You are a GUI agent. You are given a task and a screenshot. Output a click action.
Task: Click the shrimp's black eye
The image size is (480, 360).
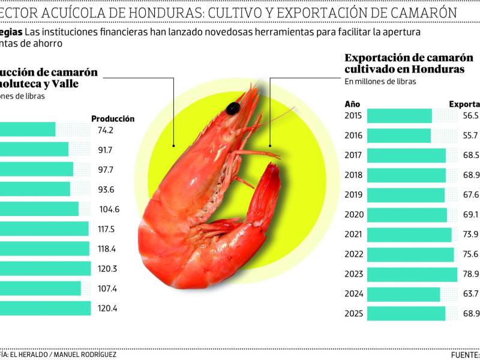click(233, 108)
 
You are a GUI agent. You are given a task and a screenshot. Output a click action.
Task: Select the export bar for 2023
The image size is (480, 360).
click(412, 274)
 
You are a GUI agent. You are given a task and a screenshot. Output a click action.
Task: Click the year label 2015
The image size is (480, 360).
click(353, 116)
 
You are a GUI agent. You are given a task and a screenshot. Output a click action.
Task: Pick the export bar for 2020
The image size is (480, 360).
click(406, 215)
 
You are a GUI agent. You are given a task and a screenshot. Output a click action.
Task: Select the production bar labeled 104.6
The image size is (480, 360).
click(39, 209)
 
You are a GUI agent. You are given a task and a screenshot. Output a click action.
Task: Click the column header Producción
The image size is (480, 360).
click(113, 119)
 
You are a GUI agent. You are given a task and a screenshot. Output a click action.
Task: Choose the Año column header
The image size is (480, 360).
click(352, 103)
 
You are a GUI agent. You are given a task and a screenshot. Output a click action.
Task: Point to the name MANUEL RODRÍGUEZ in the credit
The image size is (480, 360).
click(84, 355)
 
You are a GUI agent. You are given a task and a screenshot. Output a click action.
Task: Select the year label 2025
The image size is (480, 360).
click(353, 314)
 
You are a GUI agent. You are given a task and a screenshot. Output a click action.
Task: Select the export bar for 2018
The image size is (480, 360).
click(406, 175)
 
